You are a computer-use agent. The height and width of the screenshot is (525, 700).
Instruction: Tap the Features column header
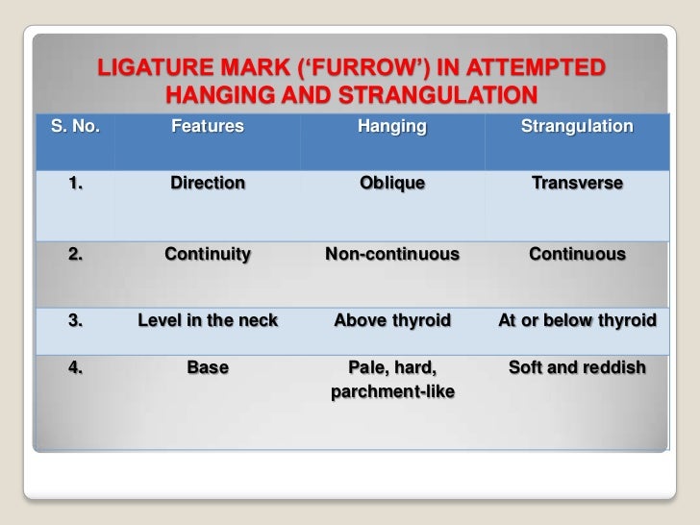pyautogui.click(x=207, y=126)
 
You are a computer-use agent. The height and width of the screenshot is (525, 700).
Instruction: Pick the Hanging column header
pyautogui.click(x=391, y=126)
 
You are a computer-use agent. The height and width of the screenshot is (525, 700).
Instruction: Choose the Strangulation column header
pyautogui.click(x=576, y=126)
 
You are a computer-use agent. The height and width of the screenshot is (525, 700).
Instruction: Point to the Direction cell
pyautogui.click(x=207, y=183)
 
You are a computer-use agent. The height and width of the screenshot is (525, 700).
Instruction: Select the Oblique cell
pyautogui.click(x=391, y=183)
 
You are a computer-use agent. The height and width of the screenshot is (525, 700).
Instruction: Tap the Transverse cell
pyautogui.click(x=576, y=183)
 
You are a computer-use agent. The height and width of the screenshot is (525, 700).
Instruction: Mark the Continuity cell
pyautogui.click(x=207, y=255)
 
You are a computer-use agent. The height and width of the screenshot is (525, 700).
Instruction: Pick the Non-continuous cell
pyautogui.click(x=391, y=255)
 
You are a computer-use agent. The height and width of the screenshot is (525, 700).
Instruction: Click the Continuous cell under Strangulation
pyautogui.click(x=576, y=255)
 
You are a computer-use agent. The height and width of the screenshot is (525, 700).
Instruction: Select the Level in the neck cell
pyautogui.click(x=207, y=320)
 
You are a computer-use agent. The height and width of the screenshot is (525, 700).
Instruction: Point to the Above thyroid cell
pyautogui.click(x=391, y=320)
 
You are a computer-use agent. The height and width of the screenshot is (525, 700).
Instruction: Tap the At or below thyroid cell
pyautogui.click(x=576, y=320)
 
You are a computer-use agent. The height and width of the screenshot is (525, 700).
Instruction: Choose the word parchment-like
pyautogui.click(x=391, y=392)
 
